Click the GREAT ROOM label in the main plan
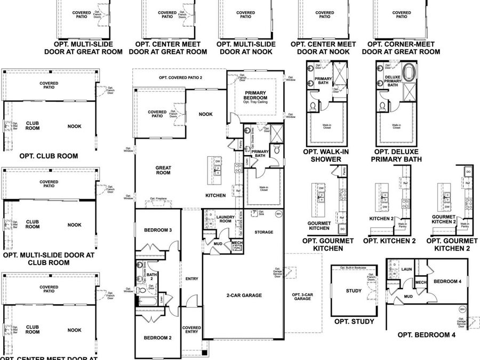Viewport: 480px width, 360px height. coord(163,170)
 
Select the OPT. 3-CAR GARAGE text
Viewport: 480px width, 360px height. coord(301,297)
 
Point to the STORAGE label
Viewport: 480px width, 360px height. coord(263,232)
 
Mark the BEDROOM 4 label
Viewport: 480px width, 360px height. coord(448,281)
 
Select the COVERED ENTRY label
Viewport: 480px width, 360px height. coord(191,330)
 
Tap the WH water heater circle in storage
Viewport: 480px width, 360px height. coord(278,214)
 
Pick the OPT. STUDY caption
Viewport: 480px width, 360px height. coord(354,322)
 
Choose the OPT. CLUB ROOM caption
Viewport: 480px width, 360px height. coord(48,156)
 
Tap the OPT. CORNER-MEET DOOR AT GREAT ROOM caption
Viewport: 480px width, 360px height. coord(401,48)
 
